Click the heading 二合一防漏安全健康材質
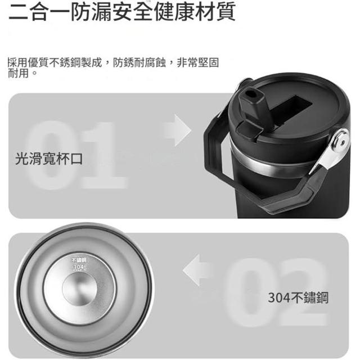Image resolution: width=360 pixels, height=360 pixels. click(x=122, y=11)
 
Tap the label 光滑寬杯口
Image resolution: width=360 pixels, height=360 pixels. click(x=49, y=159)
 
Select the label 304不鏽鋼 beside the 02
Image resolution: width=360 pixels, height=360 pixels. click(x=298, y=298)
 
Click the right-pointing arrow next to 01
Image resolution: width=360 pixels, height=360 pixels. click(x=178, y=130)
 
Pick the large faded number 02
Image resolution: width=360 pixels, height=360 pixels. click(x=276, y=291)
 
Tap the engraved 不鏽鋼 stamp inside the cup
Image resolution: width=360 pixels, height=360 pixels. click(x=79, y=260)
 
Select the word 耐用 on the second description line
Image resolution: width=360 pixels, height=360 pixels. click(x=19, y=73)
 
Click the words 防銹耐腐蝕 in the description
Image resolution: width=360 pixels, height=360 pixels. click(x=139, y=62)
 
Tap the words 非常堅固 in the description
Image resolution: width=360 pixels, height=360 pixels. click(x=197, y=62)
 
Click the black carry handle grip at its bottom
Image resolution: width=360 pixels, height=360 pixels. click(x=287, y=202)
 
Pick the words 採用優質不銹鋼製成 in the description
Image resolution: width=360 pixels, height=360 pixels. click(x=55, y=62)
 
